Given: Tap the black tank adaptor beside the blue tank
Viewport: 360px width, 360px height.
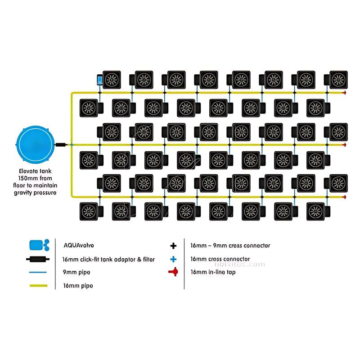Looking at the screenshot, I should pos(61,145).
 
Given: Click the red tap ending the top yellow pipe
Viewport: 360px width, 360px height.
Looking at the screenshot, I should pos(344,93).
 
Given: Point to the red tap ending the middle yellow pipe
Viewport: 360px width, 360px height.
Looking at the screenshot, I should pos(344,145).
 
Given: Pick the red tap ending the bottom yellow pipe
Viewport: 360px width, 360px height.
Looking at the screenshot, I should pos(344,197).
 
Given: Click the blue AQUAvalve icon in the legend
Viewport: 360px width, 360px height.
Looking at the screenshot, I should pos(38,246).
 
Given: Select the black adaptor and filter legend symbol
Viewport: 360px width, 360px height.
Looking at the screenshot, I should pos(38,260).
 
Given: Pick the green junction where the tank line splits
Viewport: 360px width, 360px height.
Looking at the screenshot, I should pos(71,145).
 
